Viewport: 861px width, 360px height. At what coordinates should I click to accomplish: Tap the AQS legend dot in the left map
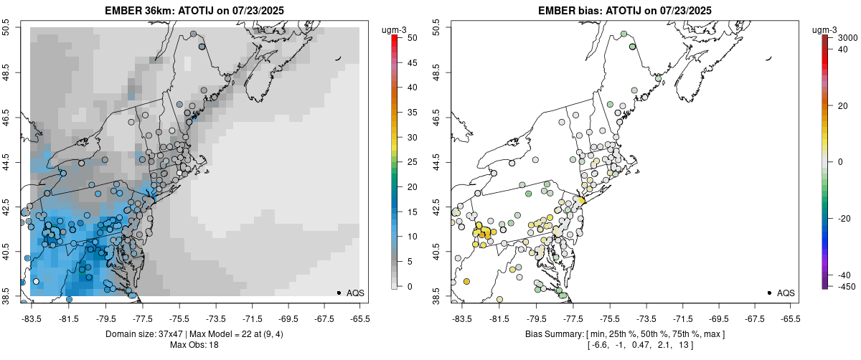pos(338,293)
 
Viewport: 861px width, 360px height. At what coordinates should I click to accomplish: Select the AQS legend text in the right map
pos(786,293)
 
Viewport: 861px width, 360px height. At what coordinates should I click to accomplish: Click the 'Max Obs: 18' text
pos(194,345)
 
